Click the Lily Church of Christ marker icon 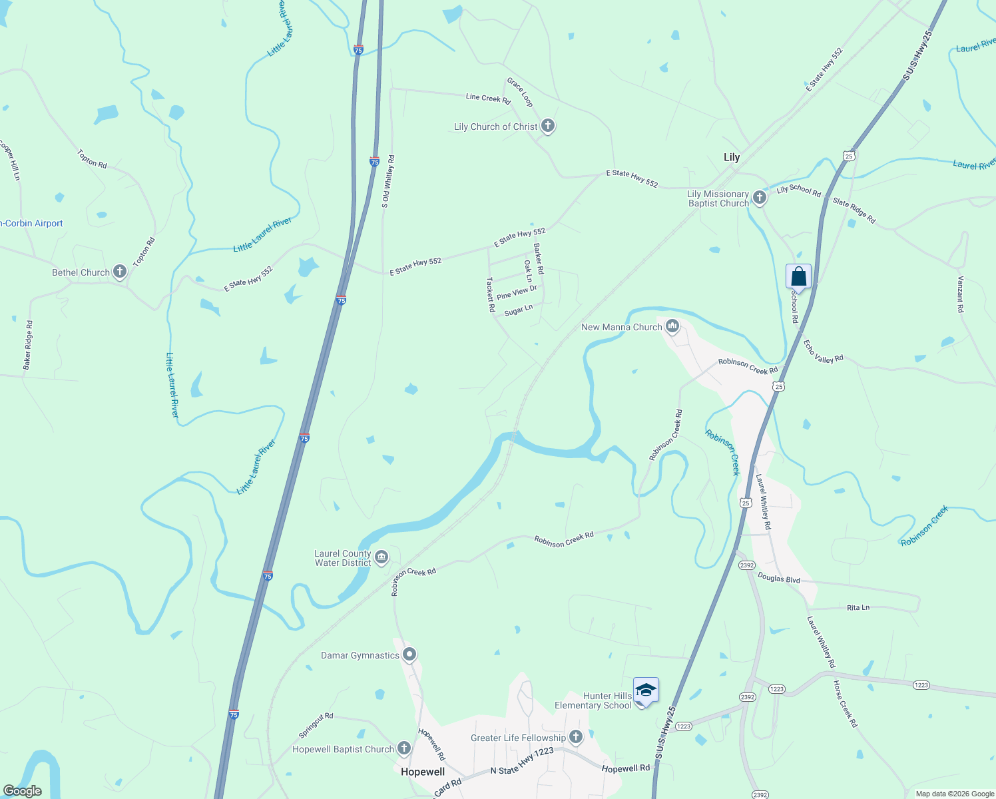547,126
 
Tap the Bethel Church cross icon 120,271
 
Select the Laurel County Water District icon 381,557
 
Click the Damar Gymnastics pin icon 409,655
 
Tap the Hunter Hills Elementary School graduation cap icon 645,690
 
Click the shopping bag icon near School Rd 798,276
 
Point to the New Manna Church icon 672,326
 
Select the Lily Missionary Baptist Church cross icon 760,196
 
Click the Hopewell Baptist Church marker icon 404,748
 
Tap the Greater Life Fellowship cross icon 576,737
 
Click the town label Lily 732,158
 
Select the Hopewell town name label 423,772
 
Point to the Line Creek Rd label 488,99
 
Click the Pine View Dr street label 517,292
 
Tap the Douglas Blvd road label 779,579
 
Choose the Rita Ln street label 858,607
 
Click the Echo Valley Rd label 824,352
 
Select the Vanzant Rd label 960,294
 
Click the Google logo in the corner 22,791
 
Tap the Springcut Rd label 316,726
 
